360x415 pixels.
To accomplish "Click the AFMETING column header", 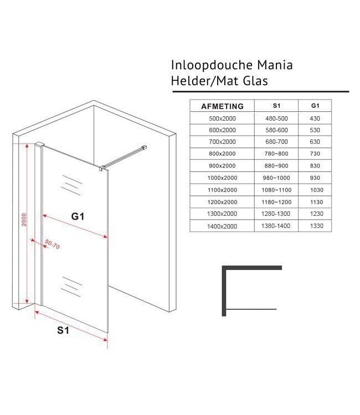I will click(222, 106).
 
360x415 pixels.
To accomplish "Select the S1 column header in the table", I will click(276, 106).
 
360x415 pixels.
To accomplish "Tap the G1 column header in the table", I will click(316, 106).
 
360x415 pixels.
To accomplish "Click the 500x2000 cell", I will click(222, 118).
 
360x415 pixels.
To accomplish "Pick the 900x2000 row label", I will click(222, 166).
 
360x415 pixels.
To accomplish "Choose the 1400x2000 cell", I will click(222, 226).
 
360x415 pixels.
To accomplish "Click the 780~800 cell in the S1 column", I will click(276, 154).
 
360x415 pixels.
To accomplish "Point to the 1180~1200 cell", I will click(276, 202).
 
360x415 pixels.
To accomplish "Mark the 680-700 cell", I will click(276, 142).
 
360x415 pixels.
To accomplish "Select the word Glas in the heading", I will click(255, 81).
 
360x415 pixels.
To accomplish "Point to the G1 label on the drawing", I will click(78, 217).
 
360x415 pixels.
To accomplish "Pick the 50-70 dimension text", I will click(53, 245).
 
